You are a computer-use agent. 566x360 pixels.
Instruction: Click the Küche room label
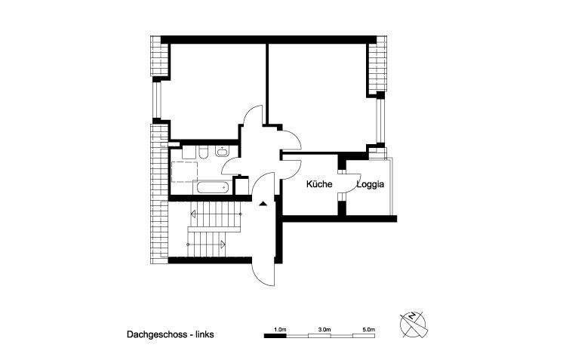(319, 184)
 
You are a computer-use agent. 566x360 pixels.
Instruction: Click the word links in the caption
(208, 332)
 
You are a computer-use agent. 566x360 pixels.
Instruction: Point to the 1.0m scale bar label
(279, 329)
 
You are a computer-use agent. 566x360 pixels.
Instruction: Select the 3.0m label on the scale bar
(325, 329)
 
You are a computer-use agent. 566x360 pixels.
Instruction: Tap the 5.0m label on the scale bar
(368, 329)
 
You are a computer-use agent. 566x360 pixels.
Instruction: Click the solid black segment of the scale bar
(275, 336)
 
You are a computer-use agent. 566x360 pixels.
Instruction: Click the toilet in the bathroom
(204, 154)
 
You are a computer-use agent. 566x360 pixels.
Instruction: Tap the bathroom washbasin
(221, 152)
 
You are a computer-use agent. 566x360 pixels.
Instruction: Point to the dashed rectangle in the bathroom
(183, 172)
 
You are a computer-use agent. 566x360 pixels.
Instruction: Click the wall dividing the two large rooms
(266, 83)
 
